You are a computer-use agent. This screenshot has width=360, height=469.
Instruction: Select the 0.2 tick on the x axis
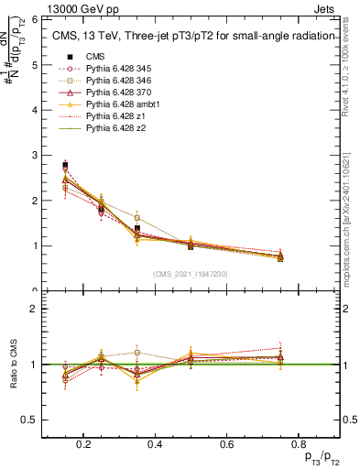click(83, 445)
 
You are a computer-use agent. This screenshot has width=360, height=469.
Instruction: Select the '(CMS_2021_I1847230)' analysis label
click(191, 274)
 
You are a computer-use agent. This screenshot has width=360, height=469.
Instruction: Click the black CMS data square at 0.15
click(65, 165)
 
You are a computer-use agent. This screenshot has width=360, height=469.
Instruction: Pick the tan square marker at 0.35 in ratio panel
click(136, 353)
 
